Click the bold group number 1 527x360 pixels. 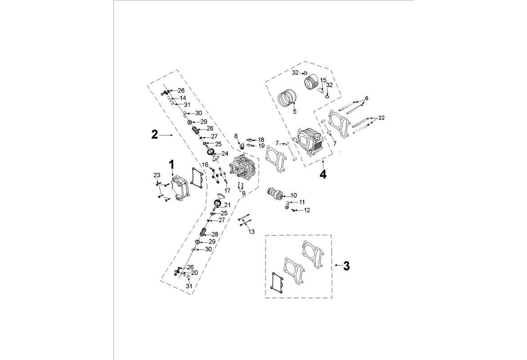(x=171, y=165)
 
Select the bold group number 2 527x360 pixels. (x=154, y=135)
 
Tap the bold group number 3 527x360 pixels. (x=346, y=266)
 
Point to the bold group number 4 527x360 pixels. (x=323, y=175)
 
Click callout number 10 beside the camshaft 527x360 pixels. (x=294, y=195)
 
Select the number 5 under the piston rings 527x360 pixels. (x=295, y=112)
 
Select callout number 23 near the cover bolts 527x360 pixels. (x=157, y=175)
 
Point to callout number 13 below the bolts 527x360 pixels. (x=252, y=232)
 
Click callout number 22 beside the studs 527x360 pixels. (x=381, y=117)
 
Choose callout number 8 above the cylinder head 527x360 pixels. (x=236, y=136)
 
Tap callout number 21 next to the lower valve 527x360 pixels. (x=228, y=205)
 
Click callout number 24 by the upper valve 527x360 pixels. (x=225, y=153)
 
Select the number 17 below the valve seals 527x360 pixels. (x=228, y=191)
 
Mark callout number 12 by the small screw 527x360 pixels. (x=306, y=210)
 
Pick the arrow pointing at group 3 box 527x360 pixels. (x=338, y=266)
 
